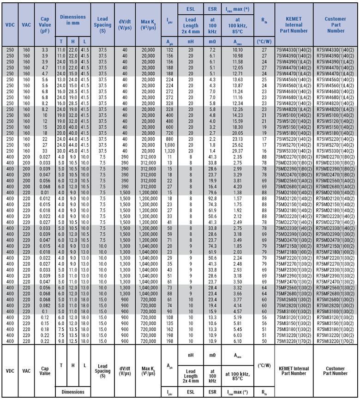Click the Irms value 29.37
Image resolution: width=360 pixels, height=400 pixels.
click(x=238, y=150)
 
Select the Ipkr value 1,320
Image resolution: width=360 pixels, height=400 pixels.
click(x=170, y=150)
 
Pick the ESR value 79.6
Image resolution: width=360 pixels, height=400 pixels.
click(x=212, y=192)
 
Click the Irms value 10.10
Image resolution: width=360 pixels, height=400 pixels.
click(x=238, y=49)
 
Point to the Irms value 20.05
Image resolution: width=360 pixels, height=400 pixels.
click(x=238, y=133)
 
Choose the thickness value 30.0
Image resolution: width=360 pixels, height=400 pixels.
click(x=61, y=150)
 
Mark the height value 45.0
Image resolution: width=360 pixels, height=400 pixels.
click(x=73, y=150)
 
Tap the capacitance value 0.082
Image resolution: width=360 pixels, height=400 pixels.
click(x=45, y=305)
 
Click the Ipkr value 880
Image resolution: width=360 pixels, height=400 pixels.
click(x=170, y=138)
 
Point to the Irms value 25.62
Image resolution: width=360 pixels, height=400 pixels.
click(x=238, y=144)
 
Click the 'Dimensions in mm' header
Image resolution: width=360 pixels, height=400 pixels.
click(x=73, y=20)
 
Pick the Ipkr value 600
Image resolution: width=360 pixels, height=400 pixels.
click(x=170, y=127)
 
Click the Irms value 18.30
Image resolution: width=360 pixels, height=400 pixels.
click(x=238, y=127)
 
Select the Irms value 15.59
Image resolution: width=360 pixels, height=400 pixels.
click(x=238, y=121)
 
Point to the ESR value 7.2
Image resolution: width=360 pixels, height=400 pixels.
click(x=212, y=49)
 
